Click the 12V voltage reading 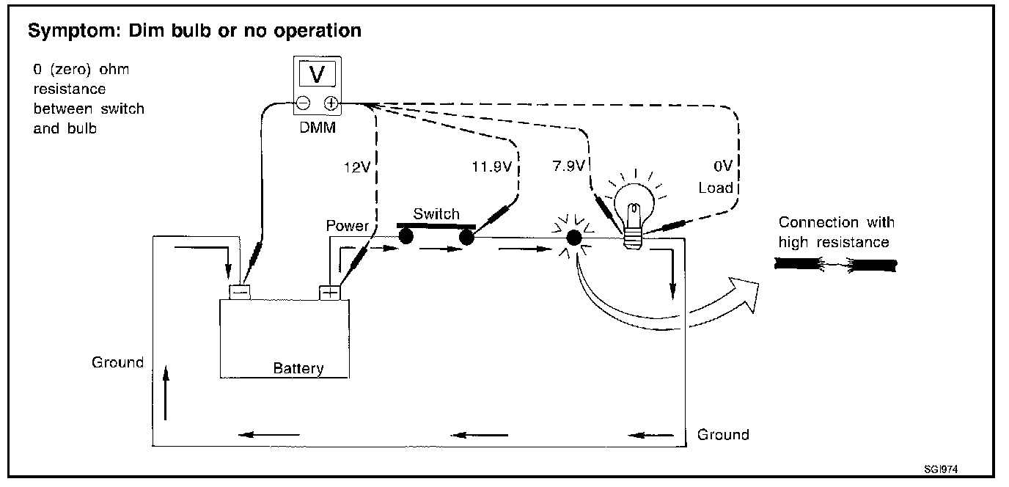pos(357,167)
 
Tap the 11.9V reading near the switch pos(492,166)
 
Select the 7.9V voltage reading pos(569,166)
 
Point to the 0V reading pos(723,166)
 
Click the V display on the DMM pos(317,74)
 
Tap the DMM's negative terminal pos(304,103)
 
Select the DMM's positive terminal pos(331,103)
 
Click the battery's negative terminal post pos(240,292)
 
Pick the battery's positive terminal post pos(330,293)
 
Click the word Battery pos(298,368)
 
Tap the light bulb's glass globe pos(635,205)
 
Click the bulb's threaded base pos(633,239)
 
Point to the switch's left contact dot pos(406,236)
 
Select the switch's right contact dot pos(466,238)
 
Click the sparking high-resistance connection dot pos(574,238)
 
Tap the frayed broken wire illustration pos(836,265)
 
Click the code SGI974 pos(941,469)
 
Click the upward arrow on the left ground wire pos(166,392)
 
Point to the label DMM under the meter pos(318,128)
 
